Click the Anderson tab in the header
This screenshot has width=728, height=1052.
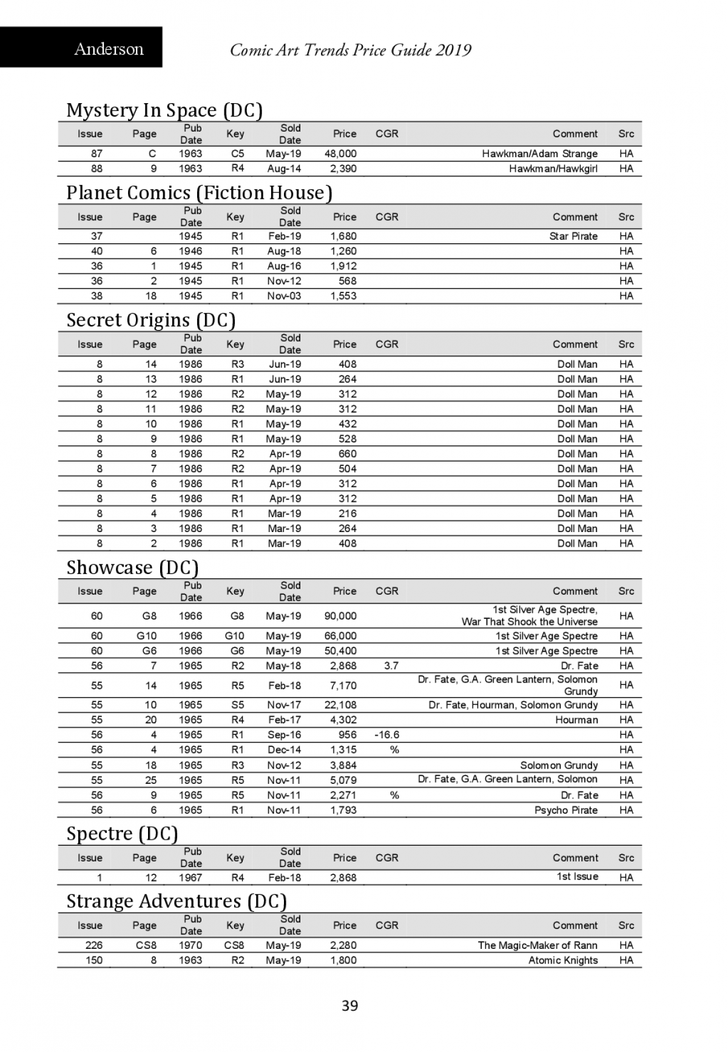(x=109, y=49)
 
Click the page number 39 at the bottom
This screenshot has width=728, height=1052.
(x=350, y=1006)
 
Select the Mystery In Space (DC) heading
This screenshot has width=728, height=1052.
(x=164, y=110)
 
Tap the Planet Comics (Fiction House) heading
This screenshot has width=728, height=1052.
(x=199, y=192)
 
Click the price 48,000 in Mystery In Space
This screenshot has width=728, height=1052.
(x=340, y=153)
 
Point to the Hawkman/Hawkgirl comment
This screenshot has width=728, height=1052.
(x=553, y=169)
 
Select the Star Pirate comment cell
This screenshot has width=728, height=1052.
(x=573, y=236)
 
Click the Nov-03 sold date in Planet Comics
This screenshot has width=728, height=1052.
(x=284, y=296)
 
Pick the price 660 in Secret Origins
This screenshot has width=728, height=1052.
(x=347, y=454)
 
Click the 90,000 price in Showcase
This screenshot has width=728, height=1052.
(x=340, y=616)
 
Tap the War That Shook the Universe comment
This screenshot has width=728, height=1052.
(x=529, y=622)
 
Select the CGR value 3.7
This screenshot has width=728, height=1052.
(x=391, y=666)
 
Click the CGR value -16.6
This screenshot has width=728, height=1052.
(x=387, y=735)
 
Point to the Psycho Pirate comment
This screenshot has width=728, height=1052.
(x=565, y=810)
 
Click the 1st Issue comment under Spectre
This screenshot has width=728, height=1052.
(x=578, y=877)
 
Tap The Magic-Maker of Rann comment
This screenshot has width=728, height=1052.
(x=538, y=945)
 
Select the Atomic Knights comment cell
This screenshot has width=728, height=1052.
(x=563, y=960)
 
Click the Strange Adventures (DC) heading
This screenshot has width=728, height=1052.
(x=176, y=901)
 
